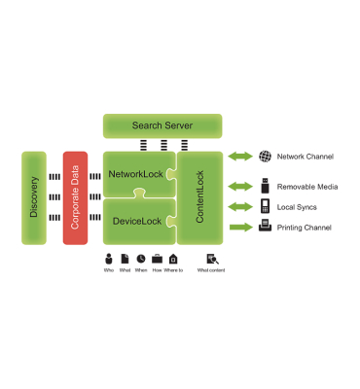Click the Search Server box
162,125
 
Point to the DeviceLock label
137,222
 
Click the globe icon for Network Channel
265,156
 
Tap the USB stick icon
265,186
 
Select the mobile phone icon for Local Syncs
265,206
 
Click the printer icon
265,227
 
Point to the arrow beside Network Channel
239,156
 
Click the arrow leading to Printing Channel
239,228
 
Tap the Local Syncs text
296,207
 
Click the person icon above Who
109,259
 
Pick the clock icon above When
141,259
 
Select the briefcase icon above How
157,259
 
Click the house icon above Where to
173,259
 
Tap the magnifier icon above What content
211,259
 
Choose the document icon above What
125,259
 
